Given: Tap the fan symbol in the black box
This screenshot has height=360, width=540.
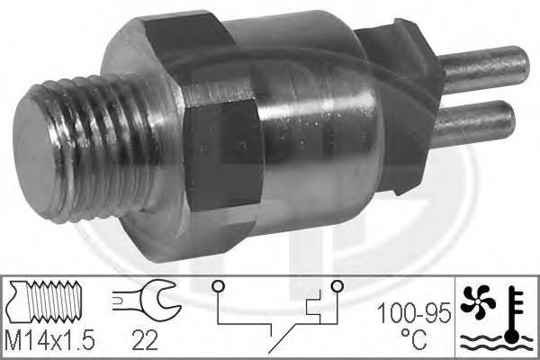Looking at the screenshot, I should tap(480, 299).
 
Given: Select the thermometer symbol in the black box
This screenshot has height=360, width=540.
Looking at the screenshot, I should tap(513, 306).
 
